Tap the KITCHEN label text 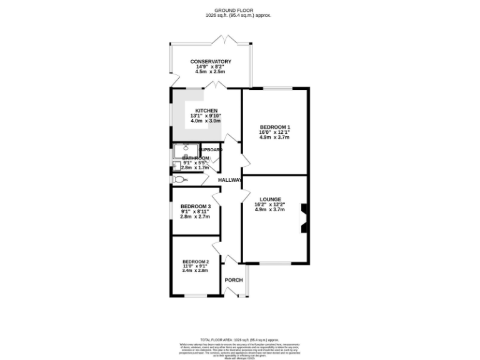pyautogui.click(x=206, y=111)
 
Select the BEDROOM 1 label pyautogui.click(x=275, y=127)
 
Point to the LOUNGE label pyautogui.click(x=269, y=199)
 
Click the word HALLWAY pyautogui.click(x=230, y=181)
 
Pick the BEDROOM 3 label pyautogui.click(x=196, y=206)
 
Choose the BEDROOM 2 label pyautogui.click(x=194, y=261)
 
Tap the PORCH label pyautogui.click(x=233, y=279)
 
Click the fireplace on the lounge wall pyautogui.click(x=304, y=219)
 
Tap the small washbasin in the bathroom pyautogui.click(x=176, y=165)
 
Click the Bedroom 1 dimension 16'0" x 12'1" pyautogui.click(x=275, y=132)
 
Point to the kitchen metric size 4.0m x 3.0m pyautogui.click(x=206, y=121)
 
